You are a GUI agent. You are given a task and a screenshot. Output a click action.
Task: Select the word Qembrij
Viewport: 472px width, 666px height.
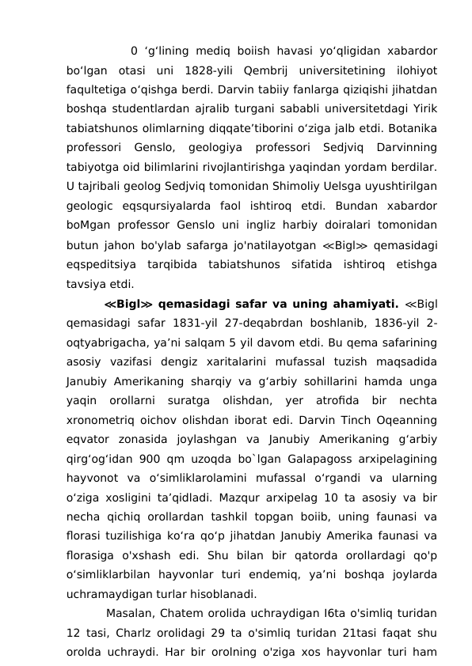pyautogui.click(x=265, y=71)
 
